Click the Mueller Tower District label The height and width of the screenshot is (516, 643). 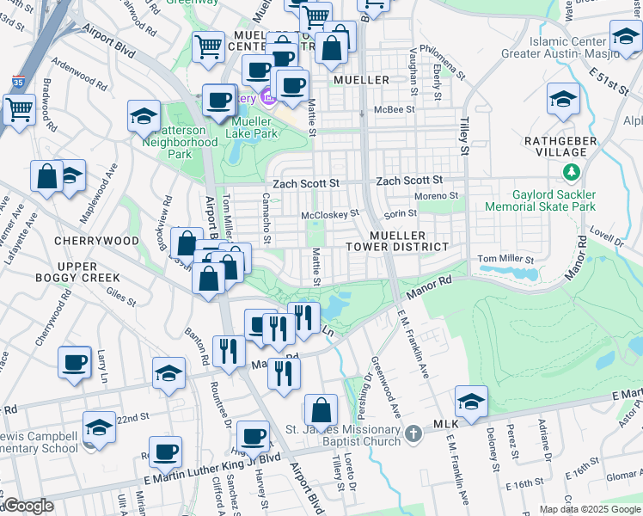click(x=408, y=241)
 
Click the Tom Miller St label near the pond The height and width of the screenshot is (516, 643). click(x=505, y=259)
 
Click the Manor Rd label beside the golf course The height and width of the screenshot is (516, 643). click(x=434, y=282)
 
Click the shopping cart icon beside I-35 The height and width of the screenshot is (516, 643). click(x=18, y=109)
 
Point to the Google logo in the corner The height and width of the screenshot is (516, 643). click(x=28, y=507)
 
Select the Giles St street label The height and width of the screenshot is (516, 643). click(x=120, y=298)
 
